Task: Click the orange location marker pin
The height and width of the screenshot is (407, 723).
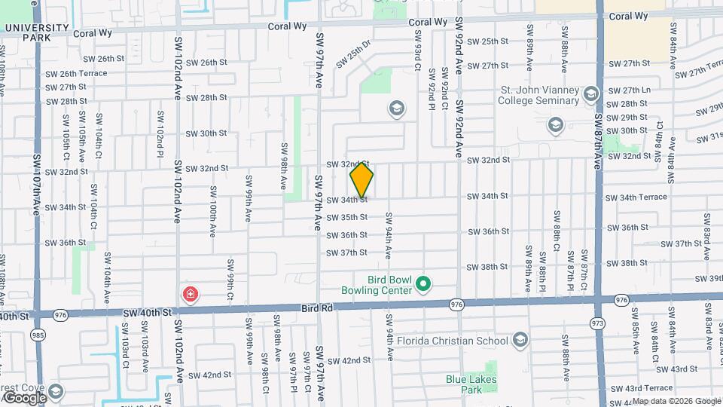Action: coord(361,180)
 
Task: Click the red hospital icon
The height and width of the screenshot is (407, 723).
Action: coord(191,293)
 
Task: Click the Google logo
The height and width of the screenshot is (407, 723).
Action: coord(25,397)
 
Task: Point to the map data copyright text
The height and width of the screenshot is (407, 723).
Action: coord(676,401)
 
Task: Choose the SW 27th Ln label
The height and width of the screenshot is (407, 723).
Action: coord(630,90)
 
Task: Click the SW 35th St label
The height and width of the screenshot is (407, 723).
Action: coord(346,217)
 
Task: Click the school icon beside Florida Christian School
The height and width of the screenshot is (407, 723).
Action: coord(519,341)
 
